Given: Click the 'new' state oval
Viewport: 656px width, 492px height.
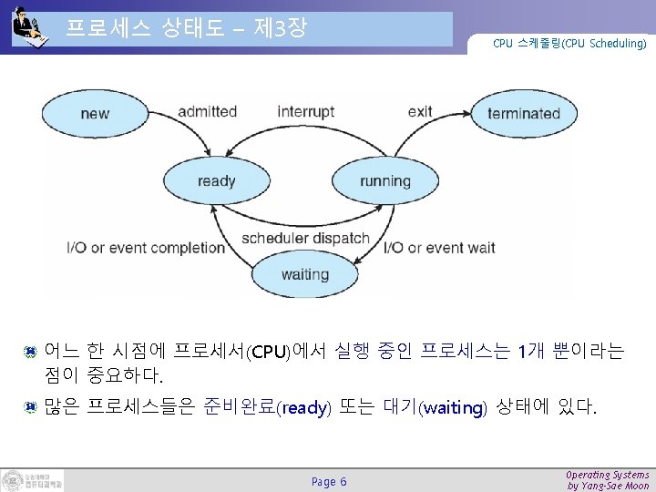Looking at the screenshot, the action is [95, 114].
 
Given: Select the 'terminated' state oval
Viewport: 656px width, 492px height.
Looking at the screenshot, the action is [523, 114].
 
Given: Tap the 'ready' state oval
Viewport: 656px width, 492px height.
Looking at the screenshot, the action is [217, 181].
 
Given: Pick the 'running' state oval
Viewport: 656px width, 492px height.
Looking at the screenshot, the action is [385, 181].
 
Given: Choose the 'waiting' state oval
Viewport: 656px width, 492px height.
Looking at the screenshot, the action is [305, 273].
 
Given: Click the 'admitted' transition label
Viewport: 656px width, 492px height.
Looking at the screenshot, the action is [207, 111].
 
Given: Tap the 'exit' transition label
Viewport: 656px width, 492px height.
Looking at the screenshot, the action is [420, 111].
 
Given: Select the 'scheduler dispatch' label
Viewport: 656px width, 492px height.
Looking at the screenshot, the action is [305, 239].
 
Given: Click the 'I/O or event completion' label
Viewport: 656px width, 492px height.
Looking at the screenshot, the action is [146, 247].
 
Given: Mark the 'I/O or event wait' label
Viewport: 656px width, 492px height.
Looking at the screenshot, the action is [440, 247].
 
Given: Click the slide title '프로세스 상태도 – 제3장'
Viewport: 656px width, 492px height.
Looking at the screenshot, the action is [187, 29].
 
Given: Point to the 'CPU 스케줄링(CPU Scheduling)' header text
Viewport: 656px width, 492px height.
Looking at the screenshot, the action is [569, 43].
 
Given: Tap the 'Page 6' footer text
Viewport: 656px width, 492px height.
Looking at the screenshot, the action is [329, 481].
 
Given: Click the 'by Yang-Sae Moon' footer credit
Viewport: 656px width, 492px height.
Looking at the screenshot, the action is [608, 487].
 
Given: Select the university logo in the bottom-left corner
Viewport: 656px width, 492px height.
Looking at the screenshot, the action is [34, 480].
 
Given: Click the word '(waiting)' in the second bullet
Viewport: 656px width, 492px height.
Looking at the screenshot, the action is [453, 408].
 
